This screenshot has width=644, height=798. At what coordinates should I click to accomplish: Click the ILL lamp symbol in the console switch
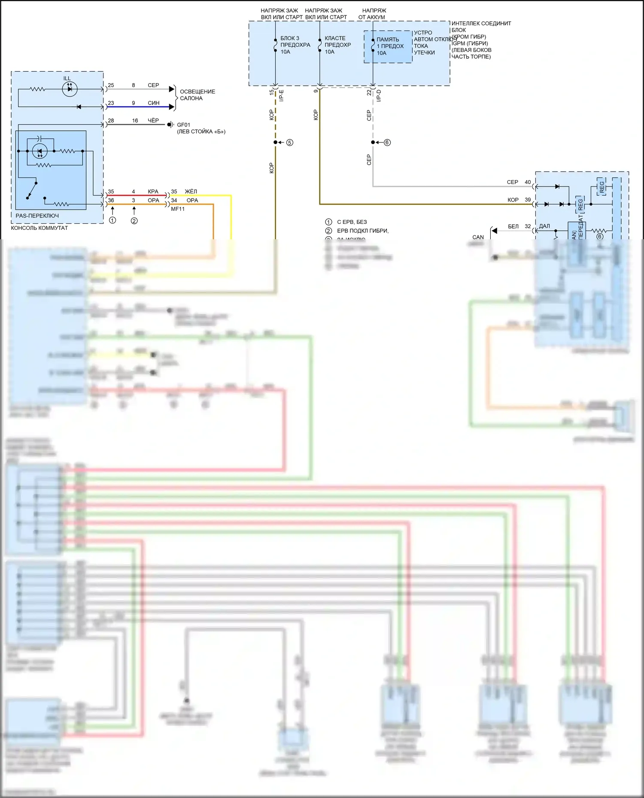coord(69,89)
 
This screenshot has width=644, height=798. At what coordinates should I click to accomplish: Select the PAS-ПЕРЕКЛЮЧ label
coord(37,216)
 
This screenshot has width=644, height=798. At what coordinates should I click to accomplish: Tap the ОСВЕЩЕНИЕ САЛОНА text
coord(197,95)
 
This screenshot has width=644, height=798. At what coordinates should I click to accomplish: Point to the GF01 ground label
coord(183,125)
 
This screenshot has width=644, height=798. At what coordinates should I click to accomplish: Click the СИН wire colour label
coord(153,103)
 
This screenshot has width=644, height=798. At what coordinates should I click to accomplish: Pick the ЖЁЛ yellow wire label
coord(191,192)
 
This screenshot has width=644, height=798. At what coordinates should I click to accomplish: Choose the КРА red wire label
coord(153,192)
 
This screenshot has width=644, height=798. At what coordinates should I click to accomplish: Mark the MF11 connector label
coord(178,209)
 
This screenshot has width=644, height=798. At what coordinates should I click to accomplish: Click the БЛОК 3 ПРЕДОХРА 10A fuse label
coord(295,45)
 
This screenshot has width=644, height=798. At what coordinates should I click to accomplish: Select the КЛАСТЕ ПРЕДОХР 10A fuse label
coord(337,45)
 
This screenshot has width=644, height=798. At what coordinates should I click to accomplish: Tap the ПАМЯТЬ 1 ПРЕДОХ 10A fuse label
coord(390,46)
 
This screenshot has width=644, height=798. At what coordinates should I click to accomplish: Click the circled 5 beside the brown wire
coord(290,142)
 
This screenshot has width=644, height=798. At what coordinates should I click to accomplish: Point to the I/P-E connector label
coord(282,96)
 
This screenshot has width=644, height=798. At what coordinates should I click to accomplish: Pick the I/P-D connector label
coord(379,96)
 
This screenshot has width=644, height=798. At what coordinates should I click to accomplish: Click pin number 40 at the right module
coord(528,182)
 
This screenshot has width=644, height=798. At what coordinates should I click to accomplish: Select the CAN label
coord(478,237)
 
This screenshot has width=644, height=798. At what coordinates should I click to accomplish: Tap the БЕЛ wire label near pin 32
coord(513,226)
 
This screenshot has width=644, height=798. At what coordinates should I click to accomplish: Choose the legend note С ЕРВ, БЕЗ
coord(352,222)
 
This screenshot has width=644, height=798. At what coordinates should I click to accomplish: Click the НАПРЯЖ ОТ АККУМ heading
coord(374,14)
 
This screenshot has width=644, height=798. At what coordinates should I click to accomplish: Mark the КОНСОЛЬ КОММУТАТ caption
coord(39,228)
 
